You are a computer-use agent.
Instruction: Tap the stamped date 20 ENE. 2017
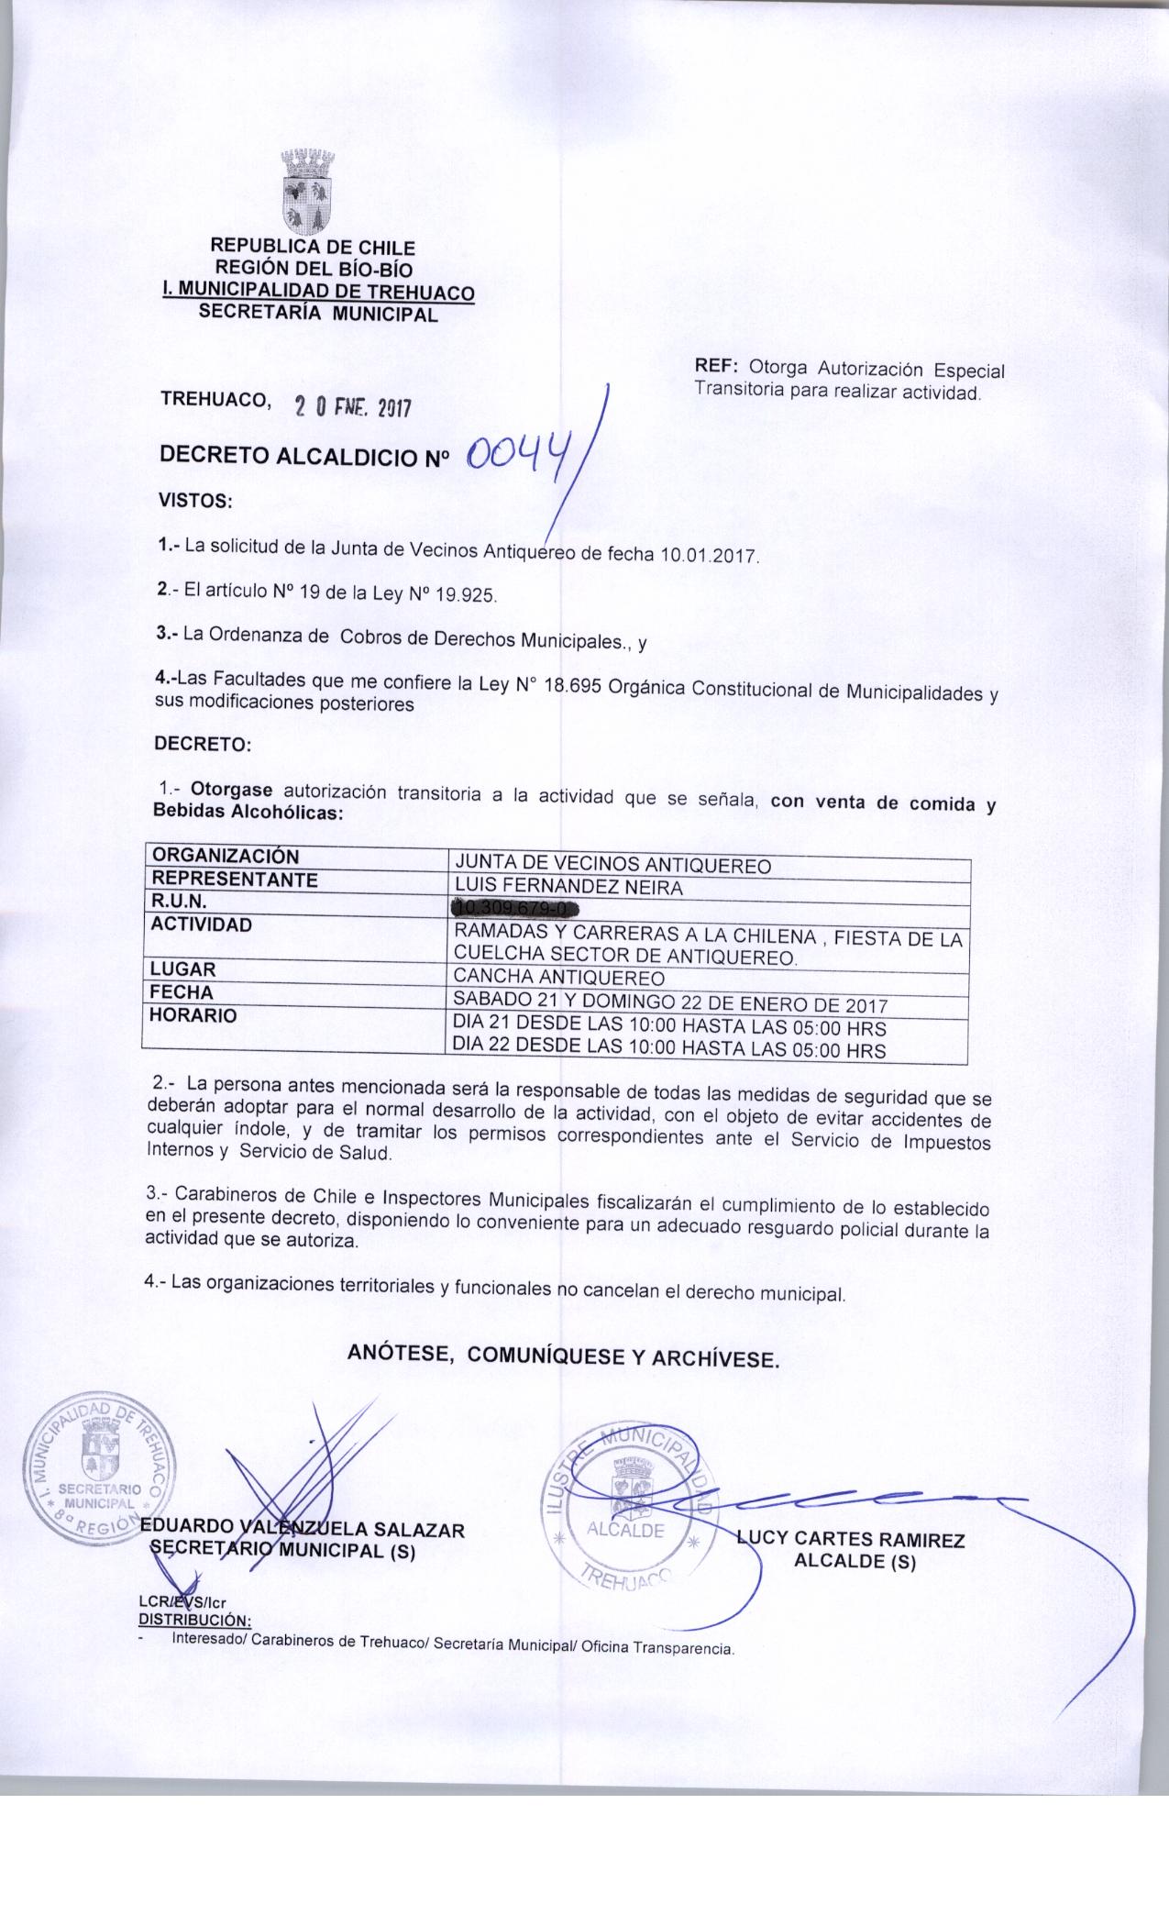pyautogui.click(x=350, y=406)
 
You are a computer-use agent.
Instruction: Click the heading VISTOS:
pyautogui.click(x=195, y=502)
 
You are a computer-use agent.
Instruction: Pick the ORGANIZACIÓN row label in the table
pyautogui.click(x=226, y=856)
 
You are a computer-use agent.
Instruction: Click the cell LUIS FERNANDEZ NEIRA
pyautogui.click(x=568, y=887)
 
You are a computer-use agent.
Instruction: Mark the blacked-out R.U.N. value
pyautogui.click(x=517, y=909)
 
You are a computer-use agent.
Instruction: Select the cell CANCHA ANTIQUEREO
pyautogui.click(x=559, y=975)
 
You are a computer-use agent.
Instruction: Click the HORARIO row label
pyautogui.click(x=194, y=1015)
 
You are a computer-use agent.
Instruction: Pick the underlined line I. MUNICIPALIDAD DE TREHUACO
pyautogui.click(x=317, y=293)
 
